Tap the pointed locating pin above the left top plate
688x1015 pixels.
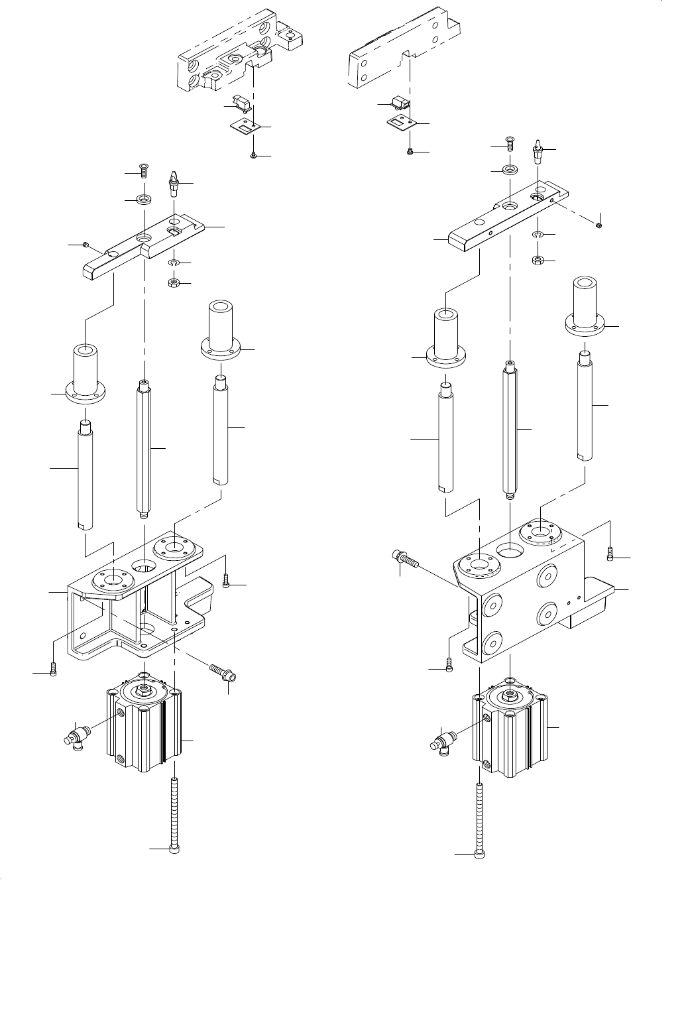(174, 182)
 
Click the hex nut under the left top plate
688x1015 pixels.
(174, 283)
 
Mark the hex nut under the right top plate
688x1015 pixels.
(538, 259)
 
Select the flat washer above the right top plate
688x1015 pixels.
(509, 170)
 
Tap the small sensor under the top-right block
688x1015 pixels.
(400, 102)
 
